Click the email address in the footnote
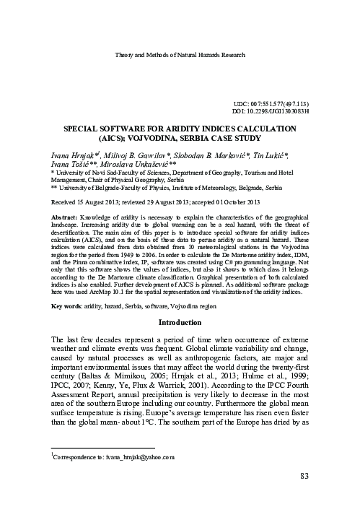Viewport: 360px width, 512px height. (x=133, y=457)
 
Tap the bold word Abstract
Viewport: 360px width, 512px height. (x=66, y=217)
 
